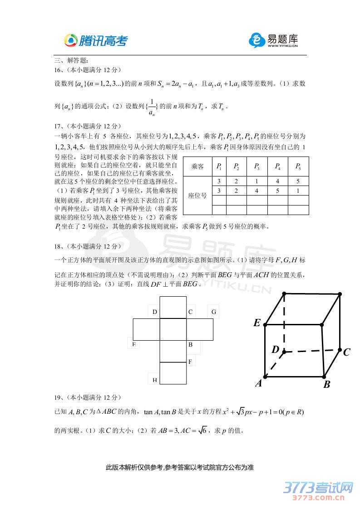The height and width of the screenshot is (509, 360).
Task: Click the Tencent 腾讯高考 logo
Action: (96, 41)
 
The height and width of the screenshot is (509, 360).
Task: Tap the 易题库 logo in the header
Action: (273, 40)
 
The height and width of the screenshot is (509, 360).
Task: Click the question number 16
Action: (58, 70)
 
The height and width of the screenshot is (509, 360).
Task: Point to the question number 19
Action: (58, 397)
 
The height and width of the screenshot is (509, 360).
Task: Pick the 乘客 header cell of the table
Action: (197, 166)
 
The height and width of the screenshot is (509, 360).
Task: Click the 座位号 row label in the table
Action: (197, 196)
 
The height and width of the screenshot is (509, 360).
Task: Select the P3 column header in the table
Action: (257, 166)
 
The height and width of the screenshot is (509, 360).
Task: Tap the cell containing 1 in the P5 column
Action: (298, 191)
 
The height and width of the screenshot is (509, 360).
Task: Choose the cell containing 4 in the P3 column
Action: (257, 191)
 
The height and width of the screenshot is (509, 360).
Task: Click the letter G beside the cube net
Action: (213, 312)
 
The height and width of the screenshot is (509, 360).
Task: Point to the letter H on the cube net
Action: (154, 380)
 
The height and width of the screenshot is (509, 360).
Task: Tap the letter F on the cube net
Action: (191, 362)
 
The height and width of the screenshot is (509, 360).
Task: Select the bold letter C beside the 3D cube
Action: (347, 352)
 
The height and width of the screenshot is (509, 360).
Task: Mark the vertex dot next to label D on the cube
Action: (284, 351)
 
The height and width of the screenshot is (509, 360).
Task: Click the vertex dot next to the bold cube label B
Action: (324, 376)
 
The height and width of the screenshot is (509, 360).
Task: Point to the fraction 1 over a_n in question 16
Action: (152, 107)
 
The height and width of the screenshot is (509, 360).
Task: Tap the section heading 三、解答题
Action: (71, 60)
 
